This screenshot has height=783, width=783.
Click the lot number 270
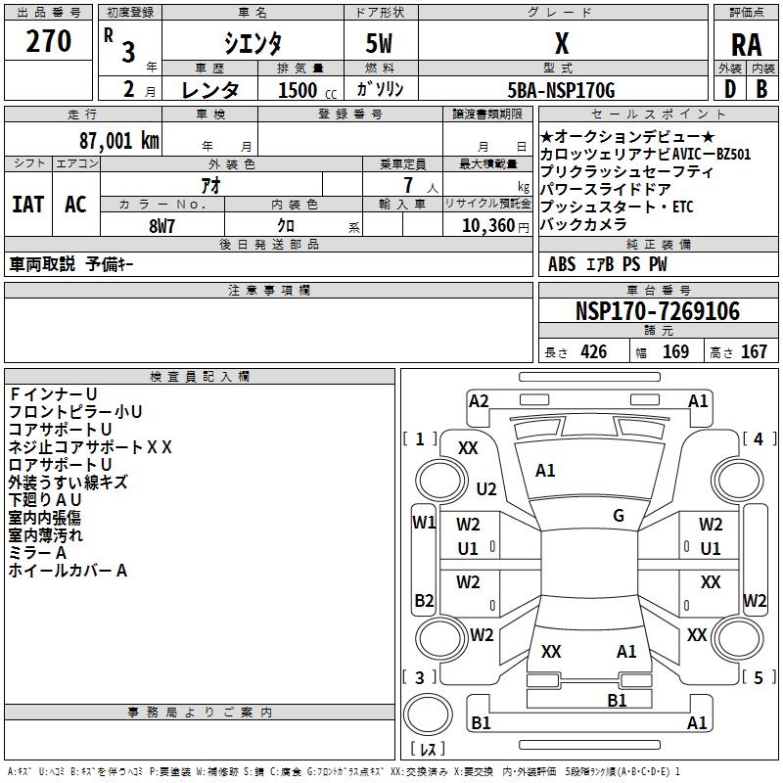click(x=49, y=42)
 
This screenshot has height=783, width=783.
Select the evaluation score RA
click(x=746, y=45)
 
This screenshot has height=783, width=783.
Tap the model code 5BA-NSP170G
click(x=562, y=91)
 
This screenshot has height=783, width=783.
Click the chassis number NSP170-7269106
click(x=658, y=311)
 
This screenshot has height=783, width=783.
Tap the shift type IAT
click(x=27, y=204)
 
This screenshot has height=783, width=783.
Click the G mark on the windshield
click(x=619, y=516)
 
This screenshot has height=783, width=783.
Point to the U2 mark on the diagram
click(x=486, y=488)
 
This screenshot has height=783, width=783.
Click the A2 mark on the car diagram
click(x=479, y=400)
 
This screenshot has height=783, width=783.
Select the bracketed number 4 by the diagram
click(x=758, y=439)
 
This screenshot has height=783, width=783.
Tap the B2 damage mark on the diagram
click(x=424, y=600)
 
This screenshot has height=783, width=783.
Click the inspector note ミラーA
click(x=37, y=553)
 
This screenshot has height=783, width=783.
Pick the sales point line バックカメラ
click(x=585, y=225)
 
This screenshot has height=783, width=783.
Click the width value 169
click(x=675, y=352)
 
